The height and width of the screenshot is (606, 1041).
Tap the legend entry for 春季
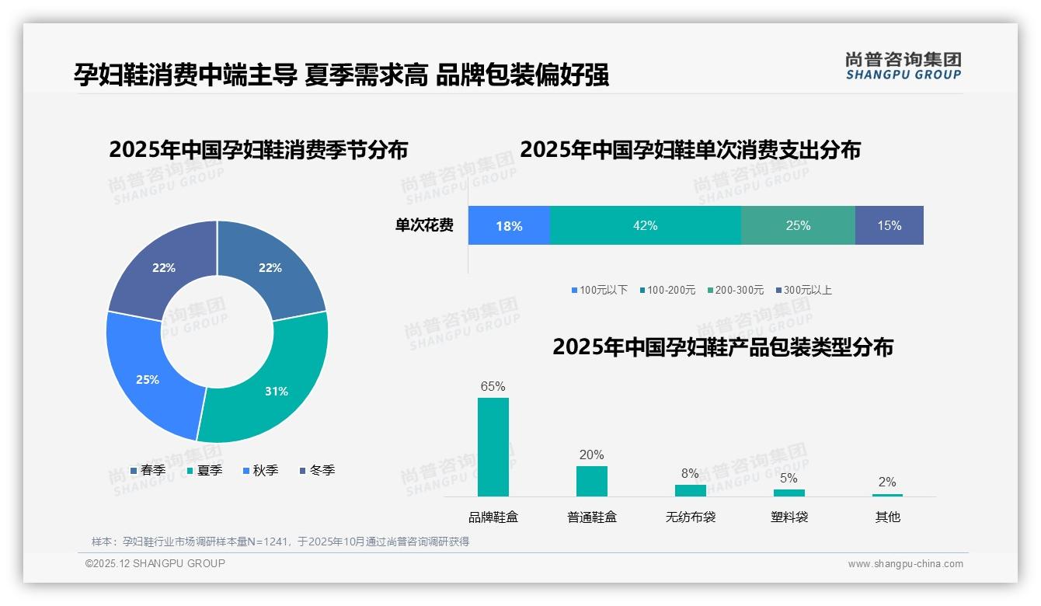point(148,470)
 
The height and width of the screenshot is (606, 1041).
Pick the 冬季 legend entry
point(317,470)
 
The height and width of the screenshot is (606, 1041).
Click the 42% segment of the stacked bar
point(645,225)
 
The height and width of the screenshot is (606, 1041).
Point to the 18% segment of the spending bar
point(509,225)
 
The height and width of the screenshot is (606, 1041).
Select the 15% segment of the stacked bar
point(889,225)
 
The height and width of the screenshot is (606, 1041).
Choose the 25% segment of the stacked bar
point(798,225)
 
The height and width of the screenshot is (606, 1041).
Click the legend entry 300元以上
point(803,290)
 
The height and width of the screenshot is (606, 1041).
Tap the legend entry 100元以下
point(599,290)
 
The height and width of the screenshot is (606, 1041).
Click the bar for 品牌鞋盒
point(493,447)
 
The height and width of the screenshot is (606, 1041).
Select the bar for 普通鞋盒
point(591,481)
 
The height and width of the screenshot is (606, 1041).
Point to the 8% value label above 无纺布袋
point(690,474)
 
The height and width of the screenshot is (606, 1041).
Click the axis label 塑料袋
point(789,517)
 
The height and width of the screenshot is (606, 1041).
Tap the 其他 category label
point(887,517)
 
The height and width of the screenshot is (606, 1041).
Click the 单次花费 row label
point(424,225)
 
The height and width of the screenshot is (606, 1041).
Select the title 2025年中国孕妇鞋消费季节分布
point(258,150)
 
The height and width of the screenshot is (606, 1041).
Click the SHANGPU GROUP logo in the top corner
point(903,66)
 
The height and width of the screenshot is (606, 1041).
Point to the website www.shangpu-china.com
point(905,564)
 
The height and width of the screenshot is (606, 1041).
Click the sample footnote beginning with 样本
point(280,542)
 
